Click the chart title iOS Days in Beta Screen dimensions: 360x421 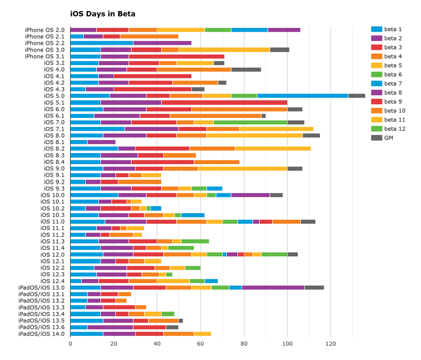(x=103, y=13)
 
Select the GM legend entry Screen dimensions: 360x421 (x=390, y=137)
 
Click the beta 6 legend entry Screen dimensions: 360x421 (x=393, y=74)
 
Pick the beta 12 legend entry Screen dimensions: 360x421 (x=394, y=128)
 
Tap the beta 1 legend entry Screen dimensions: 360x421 (x=393, y=29)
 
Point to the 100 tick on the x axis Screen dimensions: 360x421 (x=287, y=344)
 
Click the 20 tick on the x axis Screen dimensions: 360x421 (x=114, y=344)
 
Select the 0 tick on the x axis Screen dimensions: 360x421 (x=71, y=344)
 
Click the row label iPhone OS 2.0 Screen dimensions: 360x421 (x=45, y=30)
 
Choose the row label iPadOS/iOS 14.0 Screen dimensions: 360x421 (x=42, y=334)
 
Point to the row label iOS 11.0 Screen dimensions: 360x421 (x=53, y=222)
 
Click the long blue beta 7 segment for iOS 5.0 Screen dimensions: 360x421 (x=303, y=96)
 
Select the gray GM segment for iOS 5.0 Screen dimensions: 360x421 (x=356, y=96)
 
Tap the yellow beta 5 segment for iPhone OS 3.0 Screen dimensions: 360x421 (x=224, y=49)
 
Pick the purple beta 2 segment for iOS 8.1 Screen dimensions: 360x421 (x=102, y=142)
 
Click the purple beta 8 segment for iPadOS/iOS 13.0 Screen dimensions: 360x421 (x=273, y=287)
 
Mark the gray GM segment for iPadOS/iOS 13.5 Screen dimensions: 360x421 (x=181, y=321)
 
